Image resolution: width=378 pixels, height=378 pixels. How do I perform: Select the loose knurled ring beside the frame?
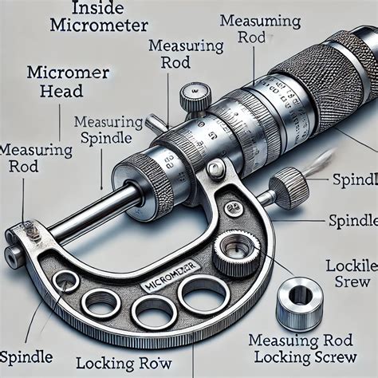coord(298,299)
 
